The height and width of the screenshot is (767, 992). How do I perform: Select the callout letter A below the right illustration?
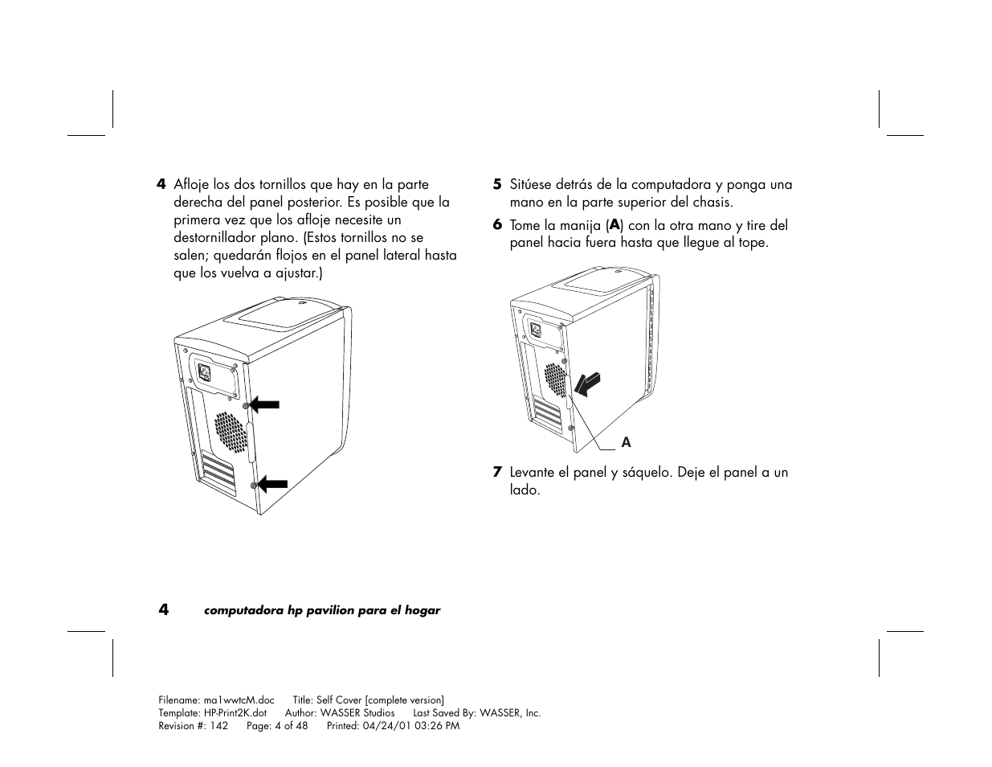tap(627, 443)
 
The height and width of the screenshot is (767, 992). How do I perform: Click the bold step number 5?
tap(497, 185)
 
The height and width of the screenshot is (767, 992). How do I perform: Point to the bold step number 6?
tap(497, 225)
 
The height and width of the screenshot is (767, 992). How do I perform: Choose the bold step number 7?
tap(497, 472)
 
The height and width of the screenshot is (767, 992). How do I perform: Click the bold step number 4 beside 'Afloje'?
tap(161, 185)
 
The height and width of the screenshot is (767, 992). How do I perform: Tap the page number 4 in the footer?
tap(163, 609)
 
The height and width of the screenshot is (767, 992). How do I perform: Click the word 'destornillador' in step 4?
tap(214, 238)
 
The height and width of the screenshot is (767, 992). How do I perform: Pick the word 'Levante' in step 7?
tap(532, 472)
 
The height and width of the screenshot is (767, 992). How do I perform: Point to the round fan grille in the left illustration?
tap(231, 431)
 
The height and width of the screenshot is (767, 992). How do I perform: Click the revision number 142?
tap(218, 726)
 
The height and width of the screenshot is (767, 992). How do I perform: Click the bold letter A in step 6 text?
tap(616, 225)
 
